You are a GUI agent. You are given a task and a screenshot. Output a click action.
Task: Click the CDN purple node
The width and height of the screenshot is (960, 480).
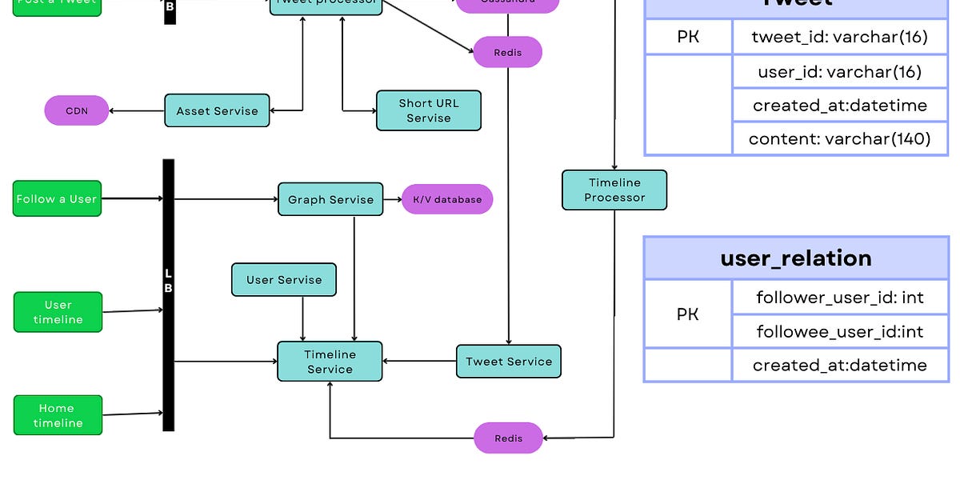click(x=76, y=110)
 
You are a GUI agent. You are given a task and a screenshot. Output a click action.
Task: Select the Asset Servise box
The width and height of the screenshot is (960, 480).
click(x=218, y=110)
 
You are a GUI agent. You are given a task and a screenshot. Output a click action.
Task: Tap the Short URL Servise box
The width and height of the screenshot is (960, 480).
click(x=429, y=110)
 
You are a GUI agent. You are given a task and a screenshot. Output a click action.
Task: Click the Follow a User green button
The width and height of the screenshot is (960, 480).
click(x=57, y=198)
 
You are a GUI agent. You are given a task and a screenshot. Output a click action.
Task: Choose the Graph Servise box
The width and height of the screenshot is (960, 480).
click(x=330, y=199)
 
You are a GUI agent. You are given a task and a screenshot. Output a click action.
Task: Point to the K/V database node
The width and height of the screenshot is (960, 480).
click(x=447, y=199)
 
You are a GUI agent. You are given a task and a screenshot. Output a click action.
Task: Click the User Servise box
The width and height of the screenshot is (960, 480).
click(x=284, y=280)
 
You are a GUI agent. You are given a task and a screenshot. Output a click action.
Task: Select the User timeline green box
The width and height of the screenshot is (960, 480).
click(x=58, y=312)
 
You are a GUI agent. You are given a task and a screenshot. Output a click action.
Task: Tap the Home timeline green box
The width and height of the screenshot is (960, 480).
click(x=58, y=415)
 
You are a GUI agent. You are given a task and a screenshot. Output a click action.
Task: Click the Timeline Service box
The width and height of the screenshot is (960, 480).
click(x=330, y=362)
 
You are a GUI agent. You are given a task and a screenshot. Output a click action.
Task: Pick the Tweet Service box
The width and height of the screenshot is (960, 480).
click(x=509, y=362)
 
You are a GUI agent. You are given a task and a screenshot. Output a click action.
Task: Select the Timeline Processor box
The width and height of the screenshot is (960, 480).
click(x=614, y=190)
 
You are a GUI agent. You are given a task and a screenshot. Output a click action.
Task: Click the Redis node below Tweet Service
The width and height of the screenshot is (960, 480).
click(x=509, y=438)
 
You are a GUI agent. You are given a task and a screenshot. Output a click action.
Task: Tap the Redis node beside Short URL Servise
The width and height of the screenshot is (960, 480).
click(x=508, y=52)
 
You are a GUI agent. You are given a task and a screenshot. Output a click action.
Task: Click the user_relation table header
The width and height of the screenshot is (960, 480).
click(x=796, y=258)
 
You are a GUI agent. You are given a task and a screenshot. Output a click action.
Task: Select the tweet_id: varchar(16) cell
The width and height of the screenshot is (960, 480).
click(x=840, y=37)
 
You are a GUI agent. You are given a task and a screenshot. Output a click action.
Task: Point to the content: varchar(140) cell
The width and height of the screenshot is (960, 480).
click(x=840, y=138)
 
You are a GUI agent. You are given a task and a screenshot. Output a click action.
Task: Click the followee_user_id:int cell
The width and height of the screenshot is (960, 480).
click(x=840, y=331)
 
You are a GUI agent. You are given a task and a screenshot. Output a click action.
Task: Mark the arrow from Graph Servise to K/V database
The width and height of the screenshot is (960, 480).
click(x=392, y=199)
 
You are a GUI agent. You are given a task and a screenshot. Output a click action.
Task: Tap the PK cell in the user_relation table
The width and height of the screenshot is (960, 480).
click(x=688, y=314)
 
